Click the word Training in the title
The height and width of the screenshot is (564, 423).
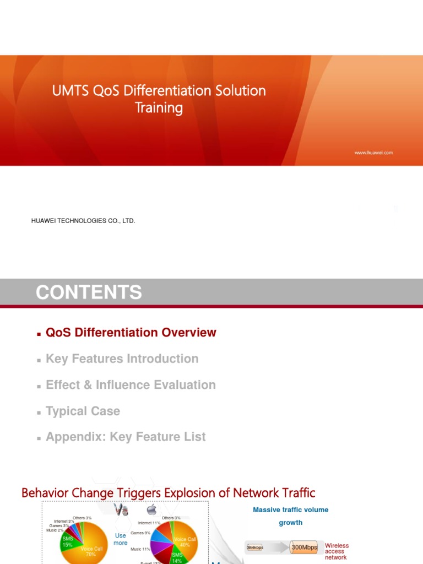(x=159, y=108)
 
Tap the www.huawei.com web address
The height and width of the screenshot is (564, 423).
(x=373, y=153)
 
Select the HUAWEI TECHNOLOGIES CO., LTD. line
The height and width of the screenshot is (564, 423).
(x=83, y=221)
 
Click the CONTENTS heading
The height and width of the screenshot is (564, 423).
(x=89, y=292)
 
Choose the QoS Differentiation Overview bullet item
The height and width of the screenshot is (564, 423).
(x=131, y=333)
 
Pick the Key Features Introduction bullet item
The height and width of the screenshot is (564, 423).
(x=122, y=359)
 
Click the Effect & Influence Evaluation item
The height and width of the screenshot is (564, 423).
(x=131, y=385)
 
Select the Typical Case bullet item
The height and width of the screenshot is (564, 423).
(x=83, y=411)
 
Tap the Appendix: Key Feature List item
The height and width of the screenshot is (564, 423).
(x=126, y=437)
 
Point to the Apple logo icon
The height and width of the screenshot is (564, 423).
(x=151, y=510)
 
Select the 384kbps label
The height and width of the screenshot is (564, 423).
(x=254, y=548)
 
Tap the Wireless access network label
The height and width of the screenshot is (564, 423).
(x=337, y=551)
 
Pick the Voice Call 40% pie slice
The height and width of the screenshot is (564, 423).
(x=185, y=541)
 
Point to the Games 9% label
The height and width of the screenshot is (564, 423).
(x=140, y=533)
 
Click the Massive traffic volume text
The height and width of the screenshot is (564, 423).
(x=290, y=510)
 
